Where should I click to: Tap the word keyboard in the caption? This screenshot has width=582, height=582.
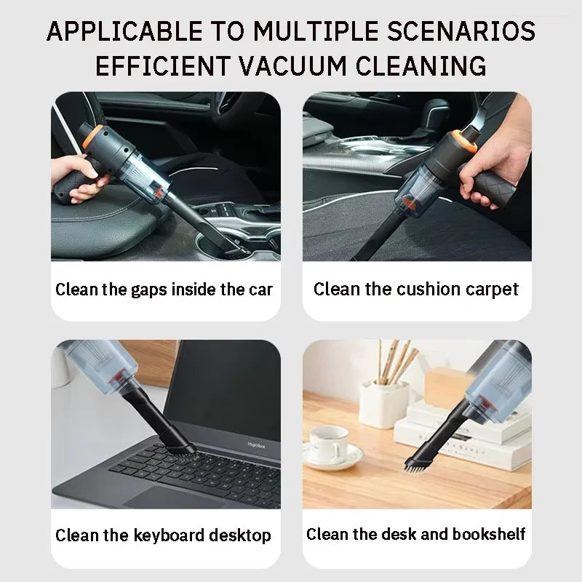(170, 536)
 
